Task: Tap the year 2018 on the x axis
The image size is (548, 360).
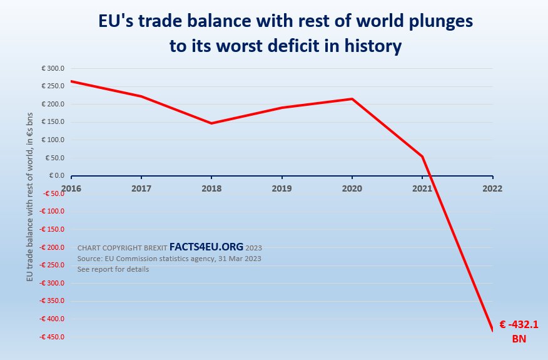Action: (211, 187)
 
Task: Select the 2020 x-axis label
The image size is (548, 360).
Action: (352, 187)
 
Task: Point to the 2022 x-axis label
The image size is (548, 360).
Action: (493, 187)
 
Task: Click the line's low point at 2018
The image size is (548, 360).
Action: (211, 123)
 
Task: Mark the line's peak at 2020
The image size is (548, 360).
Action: (352, 99)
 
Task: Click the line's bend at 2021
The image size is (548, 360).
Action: (422, 157)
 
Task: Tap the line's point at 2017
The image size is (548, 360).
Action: (141, 96)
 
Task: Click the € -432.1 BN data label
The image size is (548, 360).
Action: (519, 331)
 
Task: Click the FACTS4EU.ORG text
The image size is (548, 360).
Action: (206, 247)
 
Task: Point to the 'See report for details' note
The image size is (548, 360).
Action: (113, 269)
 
